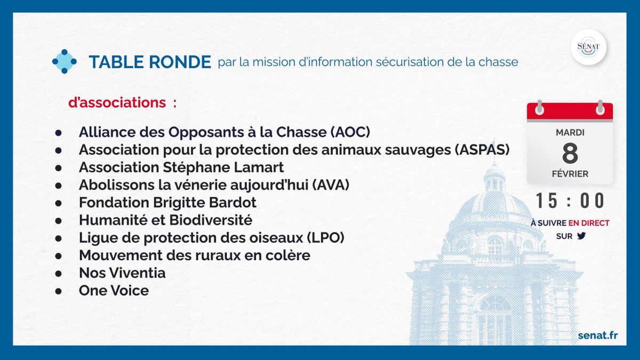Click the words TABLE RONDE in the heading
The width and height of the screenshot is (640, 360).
[x=150, y=62]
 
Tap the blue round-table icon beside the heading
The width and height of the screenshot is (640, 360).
[x=65, y=61]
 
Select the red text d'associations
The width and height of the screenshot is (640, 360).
[x=117, y=102]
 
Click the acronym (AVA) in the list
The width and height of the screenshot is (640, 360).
[x=325, y=185]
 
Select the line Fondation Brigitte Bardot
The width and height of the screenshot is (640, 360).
[x=167, y=203]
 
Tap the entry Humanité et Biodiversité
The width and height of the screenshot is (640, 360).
[x=165, y=220]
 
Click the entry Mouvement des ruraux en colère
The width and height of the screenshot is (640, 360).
[x=194, y=255]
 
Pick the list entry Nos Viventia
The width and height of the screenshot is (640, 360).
[x=122, y=273]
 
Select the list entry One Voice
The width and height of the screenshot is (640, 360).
[x=114, y=291]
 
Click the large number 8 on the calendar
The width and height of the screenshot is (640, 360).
[x=570, y=154]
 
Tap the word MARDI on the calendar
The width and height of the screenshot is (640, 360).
[x=570, y=132]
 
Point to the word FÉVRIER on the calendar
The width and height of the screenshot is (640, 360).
[x=570, y=174]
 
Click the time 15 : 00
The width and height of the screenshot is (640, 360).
[x=570, y=201]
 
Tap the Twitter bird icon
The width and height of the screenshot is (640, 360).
[x=580, y=236]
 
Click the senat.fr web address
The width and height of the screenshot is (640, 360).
[x=598, y=334]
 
